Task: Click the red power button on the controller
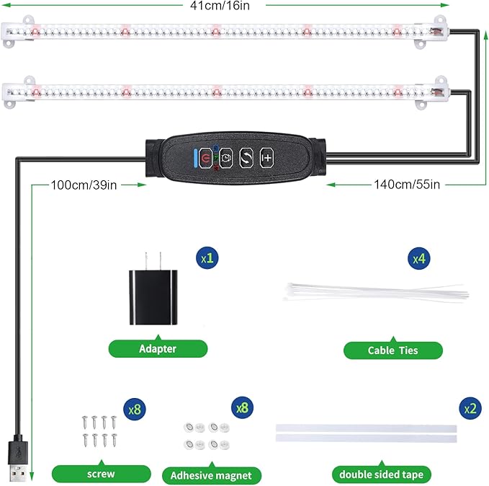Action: coord(207,156)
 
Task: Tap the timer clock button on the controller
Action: coord(226,156)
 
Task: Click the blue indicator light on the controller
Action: coord(194,156)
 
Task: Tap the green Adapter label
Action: coord(158,349)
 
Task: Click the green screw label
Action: coord(101,474)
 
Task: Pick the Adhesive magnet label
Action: coord(211,475)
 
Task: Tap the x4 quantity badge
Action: coord(420,257)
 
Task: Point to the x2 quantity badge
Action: coord(469,408)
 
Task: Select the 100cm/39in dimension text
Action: coord(84,185)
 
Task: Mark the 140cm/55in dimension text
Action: coord(407,185)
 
